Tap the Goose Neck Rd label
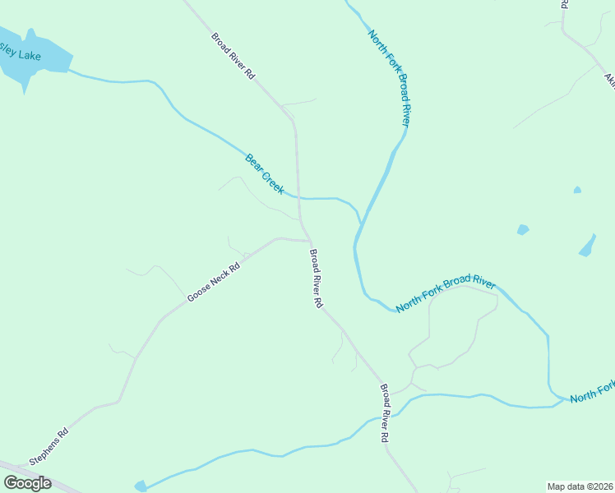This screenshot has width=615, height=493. coord(213,282)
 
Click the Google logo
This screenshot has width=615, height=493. coord(27,483)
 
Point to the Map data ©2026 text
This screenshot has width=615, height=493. coord(580,486)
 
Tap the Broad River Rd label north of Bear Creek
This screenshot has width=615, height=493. coord(233,55)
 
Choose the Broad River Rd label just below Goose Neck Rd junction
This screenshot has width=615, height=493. coord(316,279)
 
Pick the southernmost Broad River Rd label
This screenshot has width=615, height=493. coord(383,413)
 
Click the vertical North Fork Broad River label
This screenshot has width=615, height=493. coord(389,77)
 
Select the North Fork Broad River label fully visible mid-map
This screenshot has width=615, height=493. coord(446,295)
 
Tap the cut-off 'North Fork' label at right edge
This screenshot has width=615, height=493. coord(592,392)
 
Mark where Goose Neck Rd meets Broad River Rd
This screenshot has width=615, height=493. coord(308,241)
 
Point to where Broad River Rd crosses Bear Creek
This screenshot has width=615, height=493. coord(298,197)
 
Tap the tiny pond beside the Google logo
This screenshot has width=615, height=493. coord(141,486)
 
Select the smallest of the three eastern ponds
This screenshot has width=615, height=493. coord(577,190)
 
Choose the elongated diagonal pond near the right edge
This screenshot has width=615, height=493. coord(587,246)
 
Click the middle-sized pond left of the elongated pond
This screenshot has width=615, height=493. coord(523,229)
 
